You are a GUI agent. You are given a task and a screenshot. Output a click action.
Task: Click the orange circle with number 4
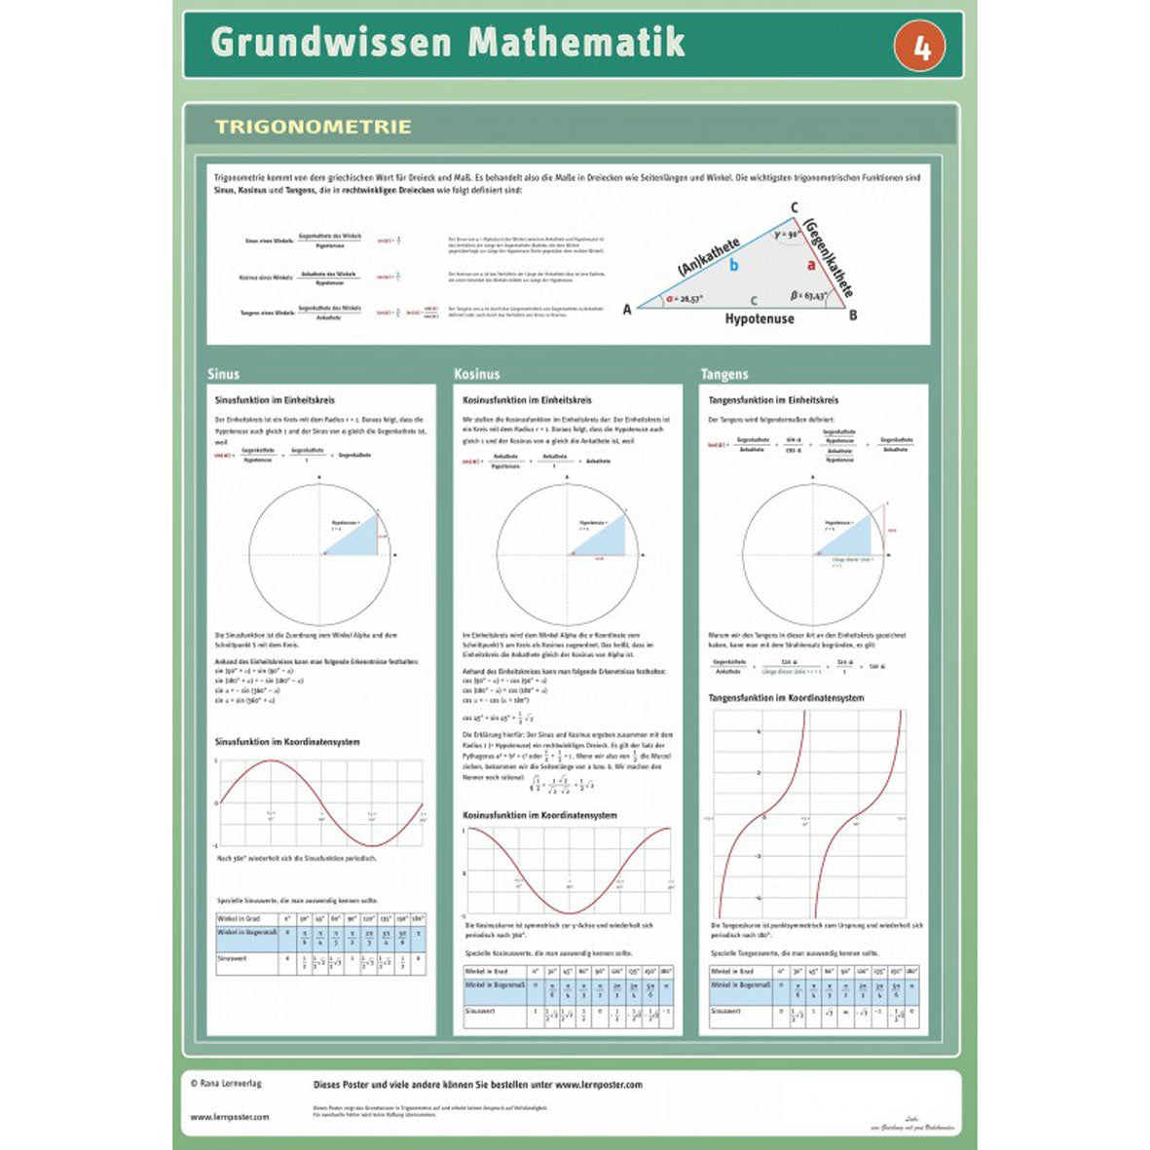pyautogui.click(x=921, y=46)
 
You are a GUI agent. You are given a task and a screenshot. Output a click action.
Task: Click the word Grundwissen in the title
pyautogui.click(x=331, y=43)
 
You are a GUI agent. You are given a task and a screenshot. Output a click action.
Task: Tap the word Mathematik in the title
pyautogui.click(x=576, y=43)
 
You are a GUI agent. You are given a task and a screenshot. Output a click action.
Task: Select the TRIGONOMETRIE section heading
pyautogui.click(x=313, y=127)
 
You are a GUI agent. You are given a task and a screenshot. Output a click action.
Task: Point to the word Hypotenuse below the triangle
pyautogui.click(x=759, y=318)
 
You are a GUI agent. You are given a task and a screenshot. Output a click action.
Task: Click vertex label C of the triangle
pyautogui.click(x=795, y=207)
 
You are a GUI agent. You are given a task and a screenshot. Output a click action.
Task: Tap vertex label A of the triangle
pyautogui.click(x=627, y=309)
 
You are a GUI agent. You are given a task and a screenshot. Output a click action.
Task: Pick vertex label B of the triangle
pyautogui.click(x=853, y=315)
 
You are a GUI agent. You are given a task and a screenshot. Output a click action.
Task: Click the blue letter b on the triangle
pyautogui.click(x=733, y=265)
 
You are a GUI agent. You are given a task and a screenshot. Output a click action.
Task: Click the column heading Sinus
pyautogui.click(x=223, y=374)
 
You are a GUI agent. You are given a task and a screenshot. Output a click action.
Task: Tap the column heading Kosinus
pyautogui.click(x=476, y=374)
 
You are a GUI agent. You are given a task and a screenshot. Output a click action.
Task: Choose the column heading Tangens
pyautogui.click(x=724, y=374)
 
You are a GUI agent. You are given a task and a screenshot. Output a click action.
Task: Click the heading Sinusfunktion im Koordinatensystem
pyautogui.click(x=287, y=742)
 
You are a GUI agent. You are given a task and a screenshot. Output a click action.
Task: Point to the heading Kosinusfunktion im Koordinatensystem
pyautogui.click(x=539, y=815)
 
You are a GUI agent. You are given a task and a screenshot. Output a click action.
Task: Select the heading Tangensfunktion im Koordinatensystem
pyautogui.click(x=786, y=698)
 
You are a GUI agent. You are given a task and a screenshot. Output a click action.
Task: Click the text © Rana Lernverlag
pyautogui.click(x=226, y=1083)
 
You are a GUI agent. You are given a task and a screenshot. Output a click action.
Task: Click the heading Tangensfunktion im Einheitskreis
pyautogui.click(x=773, y=400)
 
